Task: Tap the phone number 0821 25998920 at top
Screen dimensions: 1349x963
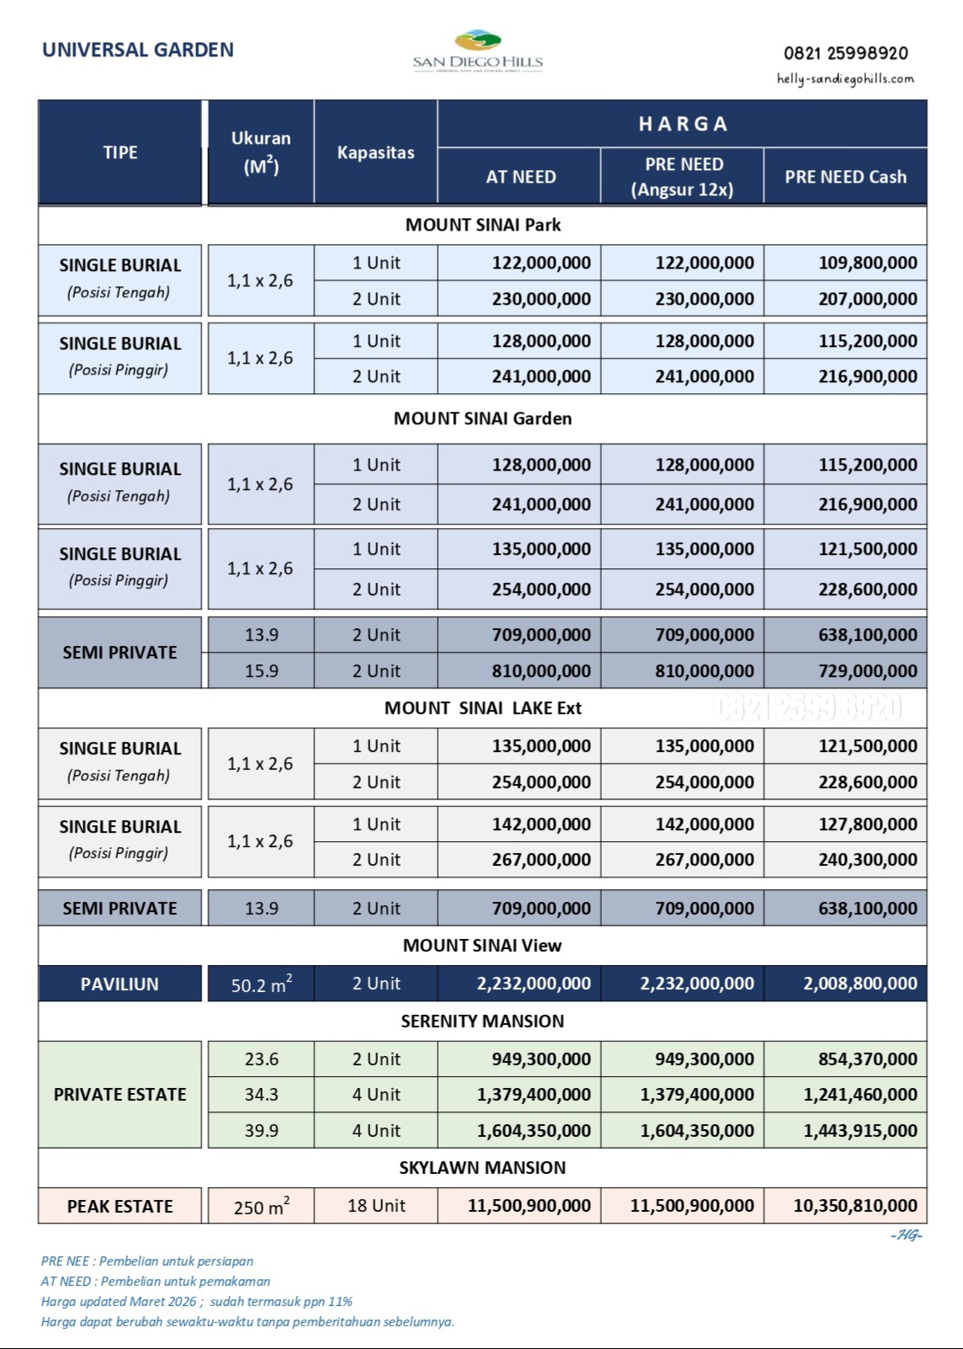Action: tap(845, 53)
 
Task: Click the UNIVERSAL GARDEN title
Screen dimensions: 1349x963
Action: tap(138, 50)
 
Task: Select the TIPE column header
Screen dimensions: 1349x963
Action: tap(120, 152)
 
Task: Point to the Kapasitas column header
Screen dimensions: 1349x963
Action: tap(375, 152)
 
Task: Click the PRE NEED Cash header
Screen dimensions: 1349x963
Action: tap(845, 177)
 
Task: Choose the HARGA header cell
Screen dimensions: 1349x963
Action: tap(683, 124)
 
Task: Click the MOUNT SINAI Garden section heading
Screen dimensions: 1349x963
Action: tap(482, 419)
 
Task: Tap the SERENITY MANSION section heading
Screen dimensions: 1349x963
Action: tap(482, 1021)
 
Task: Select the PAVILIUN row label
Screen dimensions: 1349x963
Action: tap(120, 984)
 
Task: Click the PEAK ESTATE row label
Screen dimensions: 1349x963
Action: tap(120, 1207)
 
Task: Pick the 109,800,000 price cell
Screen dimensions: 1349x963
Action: tap(867, 263)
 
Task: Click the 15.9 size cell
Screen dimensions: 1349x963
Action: tap(261, 671)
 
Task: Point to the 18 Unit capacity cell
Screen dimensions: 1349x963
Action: tap(376, 1206)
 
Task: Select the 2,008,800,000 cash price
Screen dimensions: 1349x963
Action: tap(859, 984)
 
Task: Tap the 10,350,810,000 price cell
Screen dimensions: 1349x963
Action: tap(854, 1206)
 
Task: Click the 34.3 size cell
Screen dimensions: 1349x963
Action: tap(261, 1095)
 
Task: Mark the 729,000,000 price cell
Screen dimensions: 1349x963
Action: tap(867, 671)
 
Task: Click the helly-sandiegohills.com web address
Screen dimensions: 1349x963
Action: tap(844, 79)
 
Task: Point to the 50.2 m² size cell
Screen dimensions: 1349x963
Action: tap(261, 984)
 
